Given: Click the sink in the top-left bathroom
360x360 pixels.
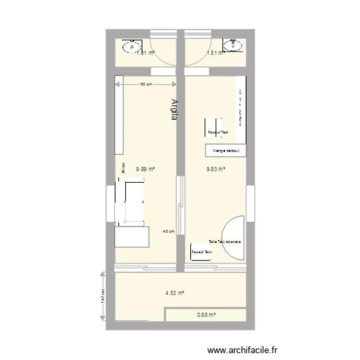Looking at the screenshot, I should tap(129, 47).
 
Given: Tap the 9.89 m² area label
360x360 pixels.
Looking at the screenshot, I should tap(145, 169).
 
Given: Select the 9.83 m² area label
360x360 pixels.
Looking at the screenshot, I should tap(216, 169).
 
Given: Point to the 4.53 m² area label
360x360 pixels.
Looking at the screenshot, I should tap(175, 293).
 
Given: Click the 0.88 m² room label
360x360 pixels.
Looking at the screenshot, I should tap(206, 315).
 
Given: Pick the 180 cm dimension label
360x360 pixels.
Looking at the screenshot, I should tap(145, 84).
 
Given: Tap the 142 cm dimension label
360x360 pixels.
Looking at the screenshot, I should tap(103, 297).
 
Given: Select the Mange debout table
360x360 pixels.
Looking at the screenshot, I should tap(226, 151).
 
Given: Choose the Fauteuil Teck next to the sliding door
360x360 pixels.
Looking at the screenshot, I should tap(202, 252).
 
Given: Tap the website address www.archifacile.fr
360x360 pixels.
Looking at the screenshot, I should tap(241, 352).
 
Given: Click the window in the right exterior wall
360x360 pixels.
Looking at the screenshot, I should tap(250, 200).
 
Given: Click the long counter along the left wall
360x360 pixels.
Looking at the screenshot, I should tap(120, 114).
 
